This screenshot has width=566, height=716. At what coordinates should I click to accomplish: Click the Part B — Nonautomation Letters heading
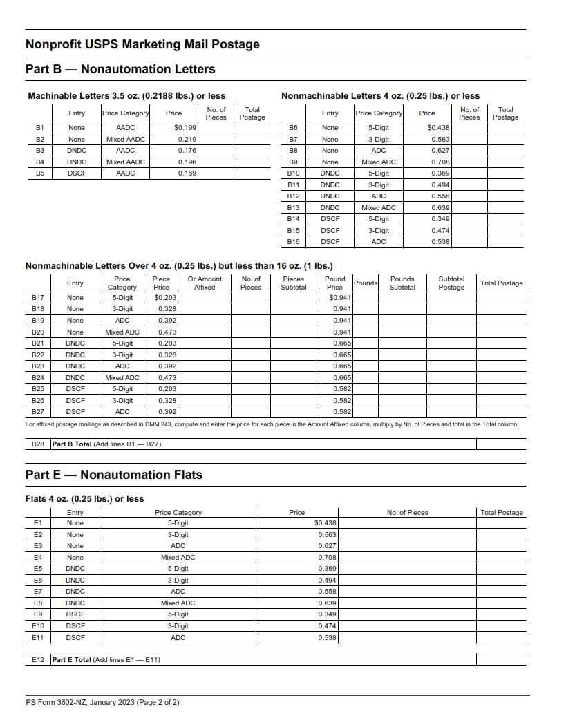click(x=120, y=69)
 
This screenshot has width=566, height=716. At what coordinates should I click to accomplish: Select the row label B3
click(x=40, y=151)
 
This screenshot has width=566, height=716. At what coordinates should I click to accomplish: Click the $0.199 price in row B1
click(x=185, y=128)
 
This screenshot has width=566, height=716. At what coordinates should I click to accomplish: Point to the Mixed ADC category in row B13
click(x=378, y=208)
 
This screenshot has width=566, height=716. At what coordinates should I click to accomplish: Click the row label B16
click(x=293, y=242)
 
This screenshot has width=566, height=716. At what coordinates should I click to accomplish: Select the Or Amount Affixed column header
click(x=205, y=283)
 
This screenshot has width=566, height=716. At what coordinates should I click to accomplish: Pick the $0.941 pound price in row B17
click(x=341, y=298)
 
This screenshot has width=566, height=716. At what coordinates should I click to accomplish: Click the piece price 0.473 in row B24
click(x=168, y=378)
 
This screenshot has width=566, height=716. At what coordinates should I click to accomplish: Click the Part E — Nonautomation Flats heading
click(x=113, y=475)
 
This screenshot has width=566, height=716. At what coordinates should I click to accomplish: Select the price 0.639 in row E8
click(x=327, y=603)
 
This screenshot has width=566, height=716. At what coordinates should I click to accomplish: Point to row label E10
click(x=38, y=626)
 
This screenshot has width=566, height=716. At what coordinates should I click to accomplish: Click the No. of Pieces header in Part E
click(x=407, y=513)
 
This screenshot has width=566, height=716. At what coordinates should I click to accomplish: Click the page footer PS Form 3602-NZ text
click(x=102, y=703)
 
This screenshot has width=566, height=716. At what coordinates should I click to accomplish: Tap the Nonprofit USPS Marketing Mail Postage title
click(x=142, y=44)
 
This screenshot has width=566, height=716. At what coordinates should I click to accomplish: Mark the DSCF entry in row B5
click(x=77, y=173)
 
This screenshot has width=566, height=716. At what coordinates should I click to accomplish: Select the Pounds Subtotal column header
click(x=402, y=283)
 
